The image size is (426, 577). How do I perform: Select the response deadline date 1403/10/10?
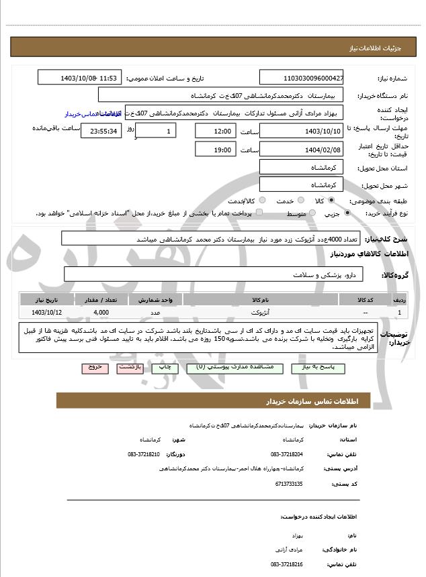[302, 130]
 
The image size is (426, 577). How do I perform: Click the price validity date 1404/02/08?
[302, 150]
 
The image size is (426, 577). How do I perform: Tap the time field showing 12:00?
[216, 130]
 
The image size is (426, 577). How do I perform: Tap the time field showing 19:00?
[216, 150]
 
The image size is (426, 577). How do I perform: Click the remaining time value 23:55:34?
[101, 131]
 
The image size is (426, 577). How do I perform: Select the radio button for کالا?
[331, 201]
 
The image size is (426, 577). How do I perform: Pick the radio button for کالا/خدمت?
[262, 201]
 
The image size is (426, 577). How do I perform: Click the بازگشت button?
[128, 368]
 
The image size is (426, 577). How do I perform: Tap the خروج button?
[93, 368]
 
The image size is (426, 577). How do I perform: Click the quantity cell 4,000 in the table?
[101, 312]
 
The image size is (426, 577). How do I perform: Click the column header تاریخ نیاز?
[47, 300]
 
